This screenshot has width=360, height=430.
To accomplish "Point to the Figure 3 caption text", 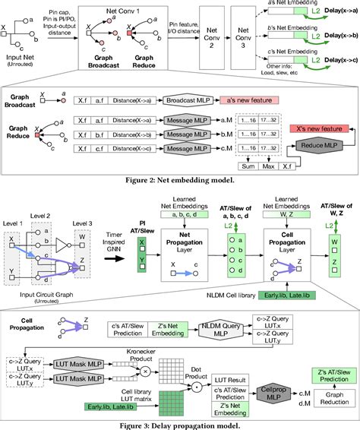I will point(179,424).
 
